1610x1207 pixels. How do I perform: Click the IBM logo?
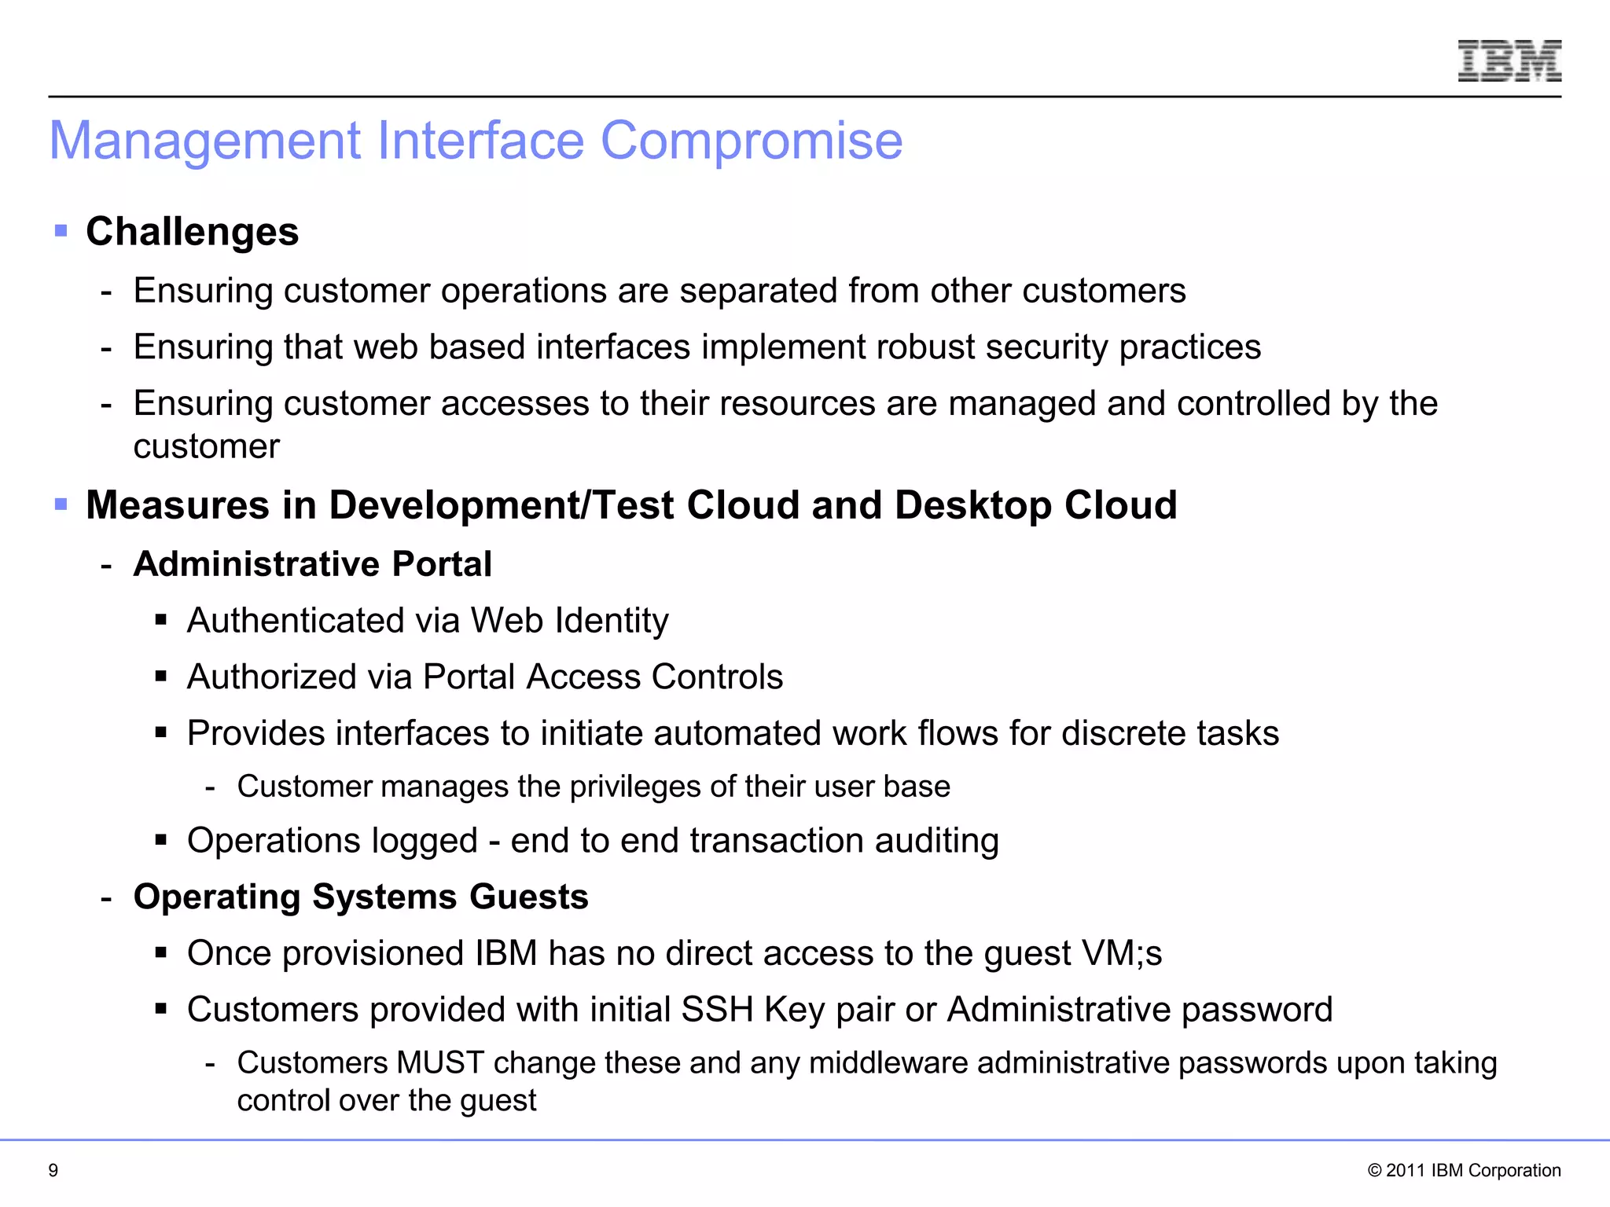click(x=1509, y=61)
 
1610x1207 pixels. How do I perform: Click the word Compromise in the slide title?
click(x=752, y=141)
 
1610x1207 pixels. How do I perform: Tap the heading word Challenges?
click(x=193, y=232)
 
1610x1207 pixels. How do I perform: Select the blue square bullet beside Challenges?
click(x=61, y=231)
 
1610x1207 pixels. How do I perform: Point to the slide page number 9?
click(x=53, y=1170)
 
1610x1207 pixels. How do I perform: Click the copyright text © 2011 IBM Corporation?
click(x=1464, y=1170)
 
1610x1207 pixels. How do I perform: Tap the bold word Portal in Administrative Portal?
click(x=442, y=564)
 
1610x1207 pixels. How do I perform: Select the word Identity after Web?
click(x=612, y=622)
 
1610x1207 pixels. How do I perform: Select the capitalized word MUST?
click(x=440, y=1063)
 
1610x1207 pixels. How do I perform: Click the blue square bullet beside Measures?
click(x=61, y=504)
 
